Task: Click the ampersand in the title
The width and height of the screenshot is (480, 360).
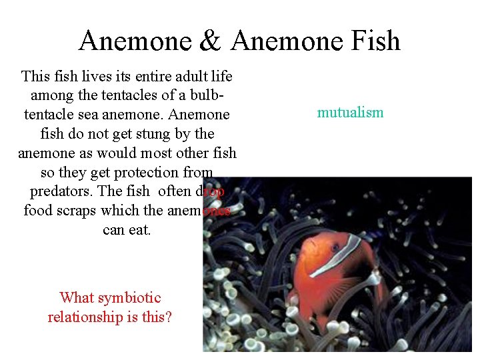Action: [210, 41]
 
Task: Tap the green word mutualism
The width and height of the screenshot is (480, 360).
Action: [350, 112]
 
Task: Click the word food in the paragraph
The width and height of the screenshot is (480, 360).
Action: [38, 211]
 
